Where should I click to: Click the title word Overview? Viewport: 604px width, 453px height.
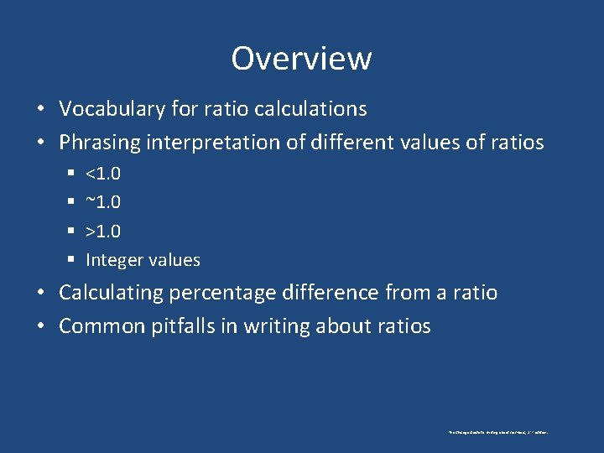pyautogui.click(x=301, y=59)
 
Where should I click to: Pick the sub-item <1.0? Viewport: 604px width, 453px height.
pyautogui.click(x=103, y=174)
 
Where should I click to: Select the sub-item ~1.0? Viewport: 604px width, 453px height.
pyautogui.click(x=103, y=202)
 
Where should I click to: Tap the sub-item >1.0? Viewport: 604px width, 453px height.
pyautogui.click(x=103, y=231)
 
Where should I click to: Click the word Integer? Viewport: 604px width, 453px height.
pyautogui.click(x=113, y=261)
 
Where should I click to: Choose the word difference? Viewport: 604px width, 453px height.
pyautogui.click(x=332, y=293)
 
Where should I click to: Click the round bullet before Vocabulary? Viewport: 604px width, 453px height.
pyautogui.click(x=41, y=110)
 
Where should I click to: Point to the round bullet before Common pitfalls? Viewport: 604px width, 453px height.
pyautogui.click(x=41, y=327)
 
